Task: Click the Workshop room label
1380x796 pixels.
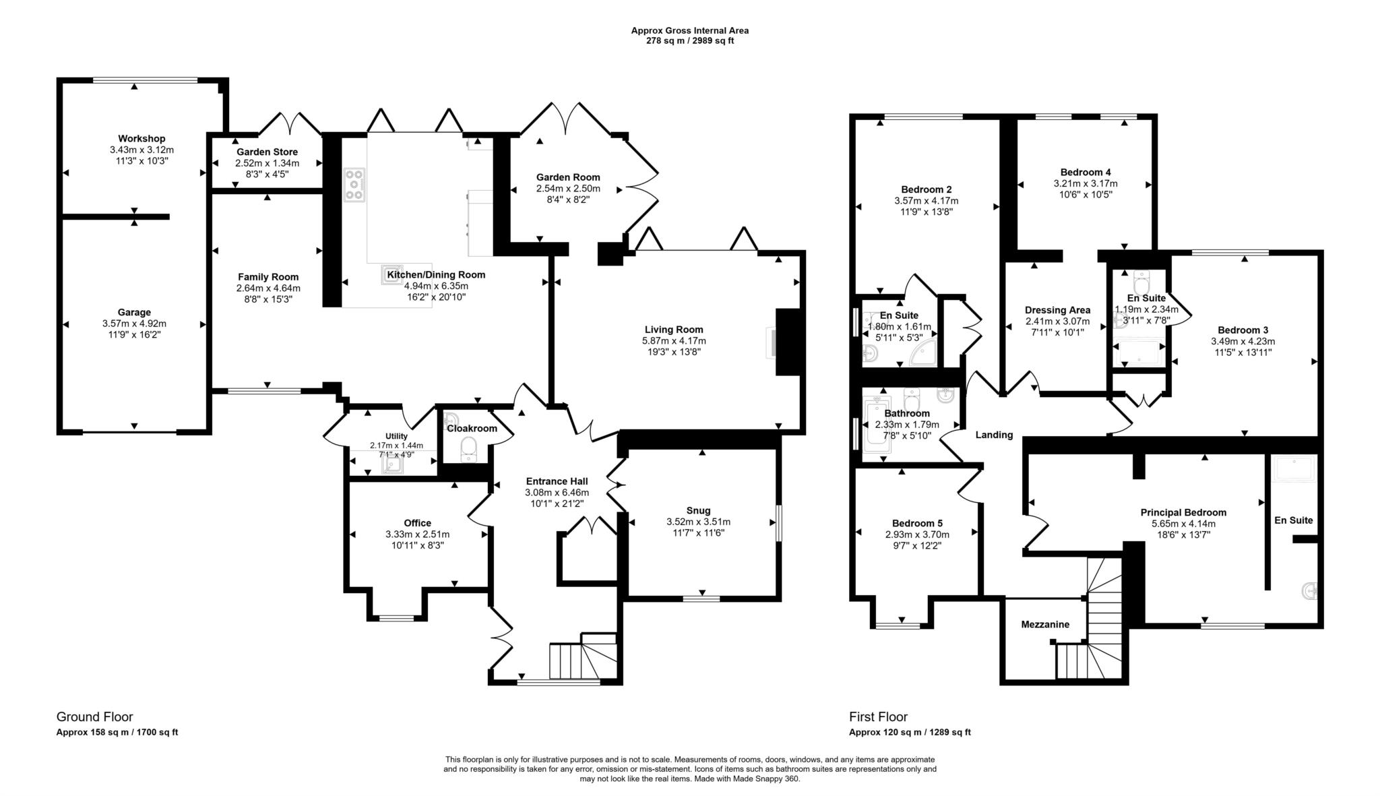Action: (x=142, y=139)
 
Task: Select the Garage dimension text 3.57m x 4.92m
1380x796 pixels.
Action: (x=133, y=324)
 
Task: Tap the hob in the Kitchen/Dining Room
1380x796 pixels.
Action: (x=354, y=185)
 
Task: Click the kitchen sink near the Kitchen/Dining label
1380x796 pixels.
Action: (x=394, y=273)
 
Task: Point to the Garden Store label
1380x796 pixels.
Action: (x=267, y=152)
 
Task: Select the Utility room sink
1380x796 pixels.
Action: (x=392, y=466)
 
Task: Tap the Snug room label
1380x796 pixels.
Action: (x=698, y=510)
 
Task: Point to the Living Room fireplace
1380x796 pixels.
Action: (x=786, y=342)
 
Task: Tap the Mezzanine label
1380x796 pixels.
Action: (x=1044, y=624)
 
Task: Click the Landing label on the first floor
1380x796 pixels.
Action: (x=994, y=435)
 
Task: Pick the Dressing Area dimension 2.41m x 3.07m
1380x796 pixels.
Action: (x=1057, y=322)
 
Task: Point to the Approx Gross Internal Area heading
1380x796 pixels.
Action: (x=689, y=30)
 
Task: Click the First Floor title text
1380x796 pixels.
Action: (x=878, y=716)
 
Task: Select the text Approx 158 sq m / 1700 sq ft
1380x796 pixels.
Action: (x=117, y=732)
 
